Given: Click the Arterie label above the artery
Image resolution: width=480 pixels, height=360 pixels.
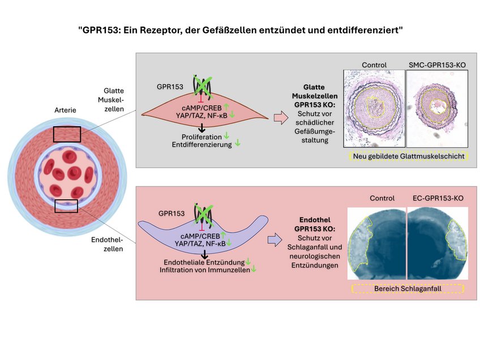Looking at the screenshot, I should pyautogui.click(x=67, y=109).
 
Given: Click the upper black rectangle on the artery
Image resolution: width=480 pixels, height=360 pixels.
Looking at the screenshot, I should pyautogui.click(x=67, y=134).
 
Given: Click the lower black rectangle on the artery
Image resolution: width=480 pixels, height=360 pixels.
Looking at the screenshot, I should pyautogui.click(x=66, y=205).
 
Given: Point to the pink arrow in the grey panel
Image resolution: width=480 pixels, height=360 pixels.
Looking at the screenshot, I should pyautogui.click(x=280, y=118).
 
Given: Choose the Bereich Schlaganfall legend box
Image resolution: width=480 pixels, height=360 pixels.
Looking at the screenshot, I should pyautogui.click(x=408, y=289).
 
